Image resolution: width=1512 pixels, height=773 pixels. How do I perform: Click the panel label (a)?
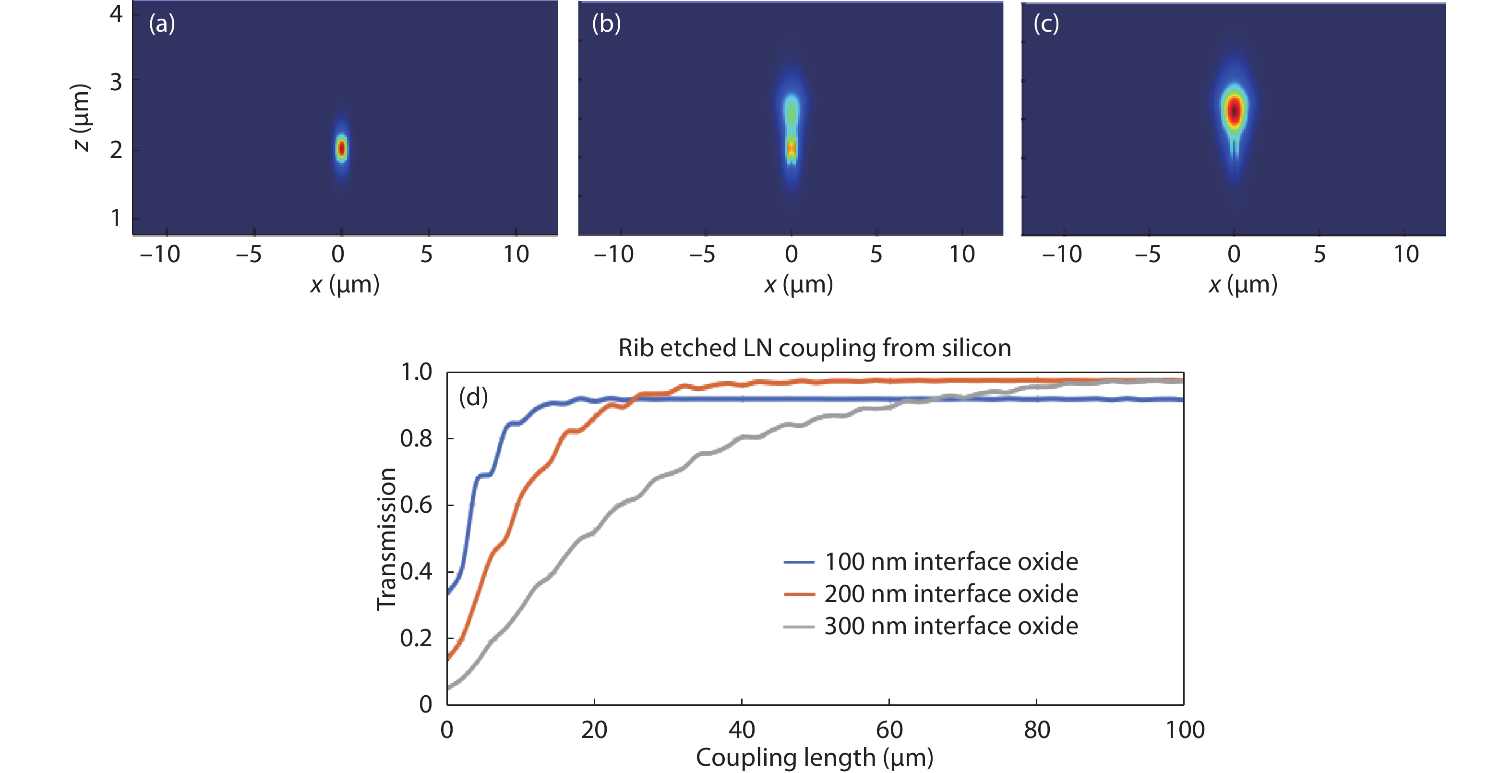click(161, 24)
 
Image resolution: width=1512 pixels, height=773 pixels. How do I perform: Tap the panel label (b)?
click(606, 24)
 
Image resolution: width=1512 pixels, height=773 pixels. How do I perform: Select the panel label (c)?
click(1046, 24)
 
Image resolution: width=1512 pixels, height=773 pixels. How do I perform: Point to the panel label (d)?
click(473, 398)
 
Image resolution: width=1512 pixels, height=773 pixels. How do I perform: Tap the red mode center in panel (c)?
click(1235, 110)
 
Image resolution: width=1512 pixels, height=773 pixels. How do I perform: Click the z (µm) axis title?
click(81, 117)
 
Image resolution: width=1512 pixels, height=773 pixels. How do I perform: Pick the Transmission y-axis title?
click(386, 539)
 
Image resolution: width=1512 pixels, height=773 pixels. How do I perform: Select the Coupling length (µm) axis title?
click(814, 757)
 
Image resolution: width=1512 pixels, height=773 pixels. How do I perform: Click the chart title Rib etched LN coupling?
click(814, 348)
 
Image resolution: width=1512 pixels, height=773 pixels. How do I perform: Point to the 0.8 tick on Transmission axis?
click(416, 438)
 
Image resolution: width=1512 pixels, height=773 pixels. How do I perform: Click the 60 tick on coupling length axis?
click(888, 730)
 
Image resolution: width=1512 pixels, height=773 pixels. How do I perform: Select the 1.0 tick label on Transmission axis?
click(416, 372)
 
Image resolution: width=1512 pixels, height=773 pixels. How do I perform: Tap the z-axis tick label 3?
click(116, 82)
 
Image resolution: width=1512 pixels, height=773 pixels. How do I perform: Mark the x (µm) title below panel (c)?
click(1243, 285)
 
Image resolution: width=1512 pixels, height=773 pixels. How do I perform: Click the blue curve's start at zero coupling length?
click(448, 594)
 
